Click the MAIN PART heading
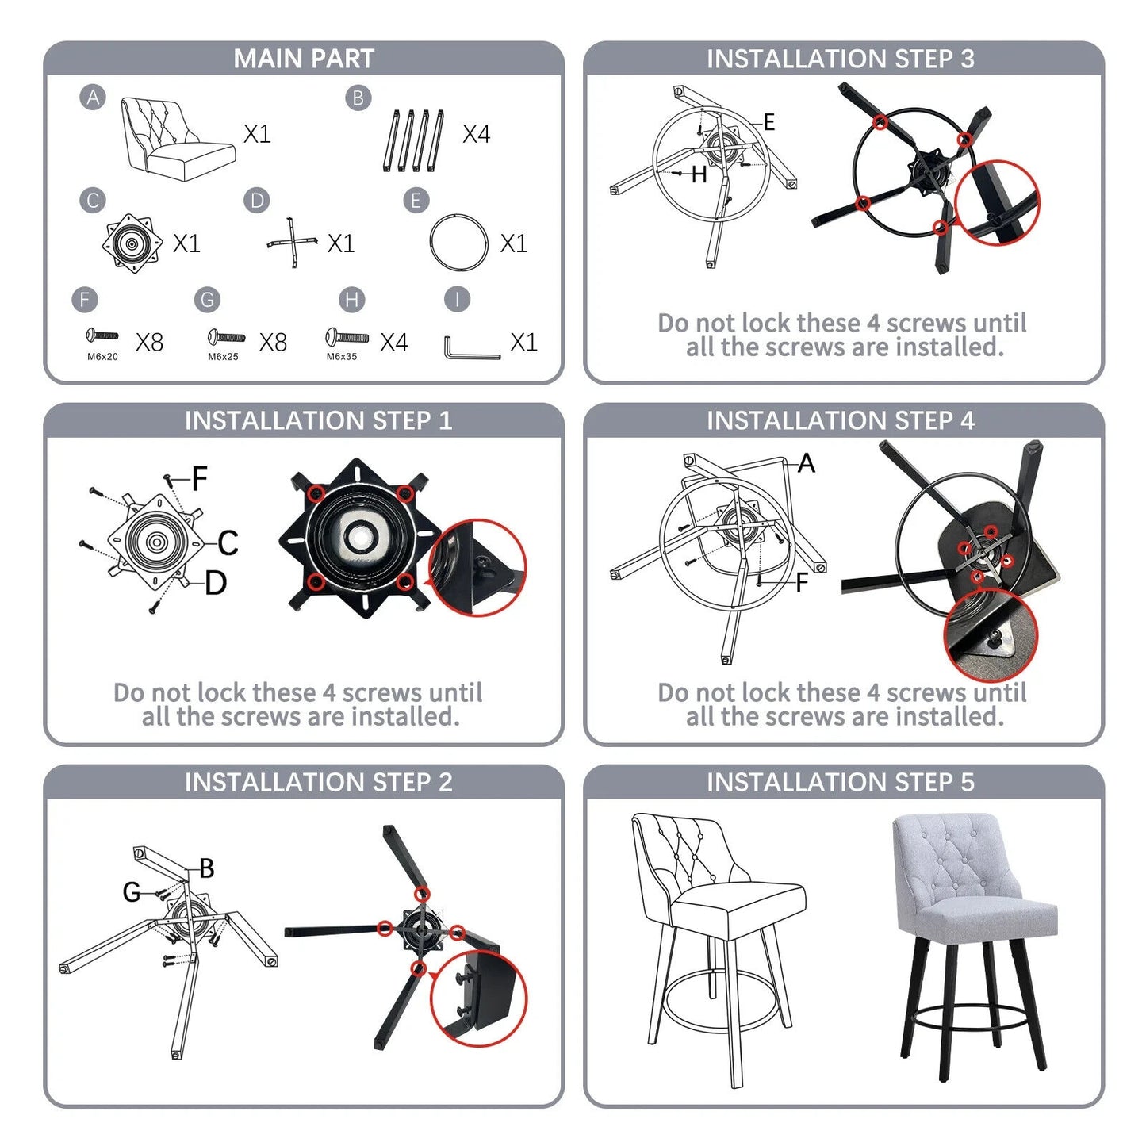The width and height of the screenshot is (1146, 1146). [x=303, y=59]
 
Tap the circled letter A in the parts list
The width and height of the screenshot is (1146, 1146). [x=93, y=97]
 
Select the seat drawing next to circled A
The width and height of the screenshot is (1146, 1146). [x=178, y=139]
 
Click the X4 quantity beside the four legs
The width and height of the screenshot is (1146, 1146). [x=477, y=134]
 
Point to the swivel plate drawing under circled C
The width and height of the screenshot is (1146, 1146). [x=132, y=243]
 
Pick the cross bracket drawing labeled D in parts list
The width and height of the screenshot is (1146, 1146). [x=291, y=242]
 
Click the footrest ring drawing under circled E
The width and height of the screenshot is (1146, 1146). [x=458, y=243]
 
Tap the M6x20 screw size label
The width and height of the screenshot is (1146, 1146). [x=102, y=357]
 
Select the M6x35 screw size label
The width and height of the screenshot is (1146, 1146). [x=341, y=357]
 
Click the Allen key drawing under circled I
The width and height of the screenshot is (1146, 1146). [x=471, y=348]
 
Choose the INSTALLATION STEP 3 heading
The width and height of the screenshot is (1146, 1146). [x=841, y=59]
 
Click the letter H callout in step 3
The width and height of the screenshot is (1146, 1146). [x=699, y=174]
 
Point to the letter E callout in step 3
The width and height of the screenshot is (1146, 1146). [x=769, y=122]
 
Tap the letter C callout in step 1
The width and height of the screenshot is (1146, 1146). [x=228, y=542]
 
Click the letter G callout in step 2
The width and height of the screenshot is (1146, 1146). [x=132, y=892]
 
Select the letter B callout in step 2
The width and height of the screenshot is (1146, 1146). [x=207, y=868]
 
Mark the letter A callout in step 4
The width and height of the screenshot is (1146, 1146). [x=807, y=462]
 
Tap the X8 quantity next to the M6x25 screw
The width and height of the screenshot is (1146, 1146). [x=273, y=343]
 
